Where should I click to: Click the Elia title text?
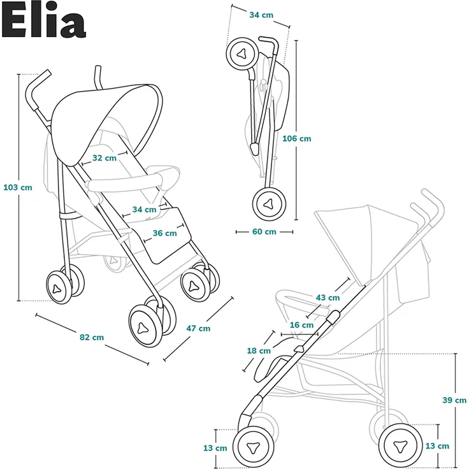coord(43,22)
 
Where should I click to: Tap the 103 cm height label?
coord(17,187)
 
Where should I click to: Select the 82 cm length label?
coord(92,337)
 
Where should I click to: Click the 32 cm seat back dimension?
coord(104,157)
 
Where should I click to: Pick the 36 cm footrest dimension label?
coord(164,233)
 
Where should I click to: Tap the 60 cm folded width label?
coord(264,231)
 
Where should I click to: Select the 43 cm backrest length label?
coord(328,298)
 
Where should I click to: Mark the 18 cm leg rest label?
coord(259,350)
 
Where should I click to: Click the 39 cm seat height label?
coord(454,400)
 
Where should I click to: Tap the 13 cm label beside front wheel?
coord(215,448)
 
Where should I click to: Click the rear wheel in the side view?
coord(400,445)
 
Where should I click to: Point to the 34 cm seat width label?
coord(144,209)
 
